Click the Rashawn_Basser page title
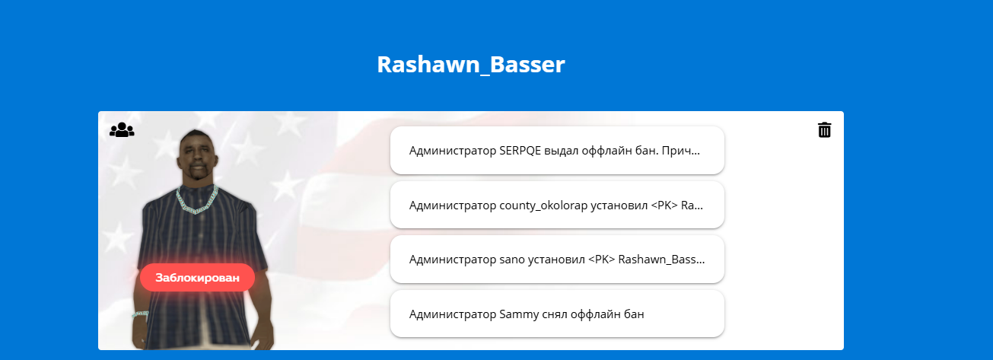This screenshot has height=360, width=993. pos(471,64)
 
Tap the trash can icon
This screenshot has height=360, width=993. pos(824,130)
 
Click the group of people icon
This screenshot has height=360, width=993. pos(122,130)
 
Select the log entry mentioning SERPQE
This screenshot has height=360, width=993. pos(557,150)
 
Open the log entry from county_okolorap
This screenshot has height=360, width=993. pos(557,205)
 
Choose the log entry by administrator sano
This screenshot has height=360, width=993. pos(557,260)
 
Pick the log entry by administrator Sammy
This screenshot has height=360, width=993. pos(557,314)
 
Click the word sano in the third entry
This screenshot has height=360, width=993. pos(512,260)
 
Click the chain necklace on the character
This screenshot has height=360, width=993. pos(198,200)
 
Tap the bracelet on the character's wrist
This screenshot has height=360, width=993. pos(140,314)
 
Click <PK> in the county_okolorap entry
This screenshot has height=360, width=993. pos(664,205)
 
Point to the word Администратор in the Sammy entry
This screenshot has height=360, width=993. pos(453,314)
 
